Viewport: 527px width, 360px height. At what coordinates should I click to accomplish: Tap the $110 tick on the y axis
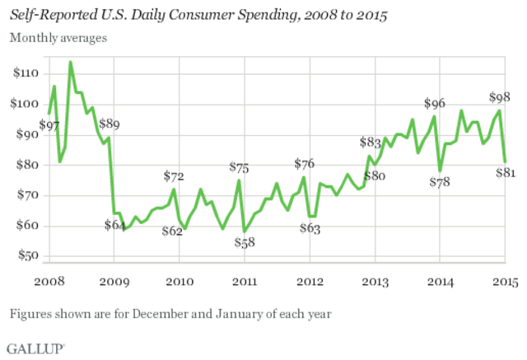click(x=24, y=73)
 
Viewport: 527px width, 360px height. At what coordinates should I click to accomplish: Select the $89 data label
click(x=109, y=124)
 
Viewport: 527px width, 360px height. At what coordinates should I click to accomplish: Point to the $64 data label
click(x=115, y=225)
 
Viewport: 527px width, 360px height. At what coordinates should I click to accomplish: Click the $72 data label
click(x=174, y=175)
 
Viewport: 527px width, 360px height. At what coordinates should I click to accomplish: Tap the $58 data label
click(x=245, y=242)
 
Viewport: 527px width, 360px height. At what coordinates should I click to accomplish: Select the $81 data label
click(x=505, y=173)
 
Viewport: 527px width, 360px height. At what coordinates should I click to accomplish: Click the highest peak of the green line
click(x=70, y=62)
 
